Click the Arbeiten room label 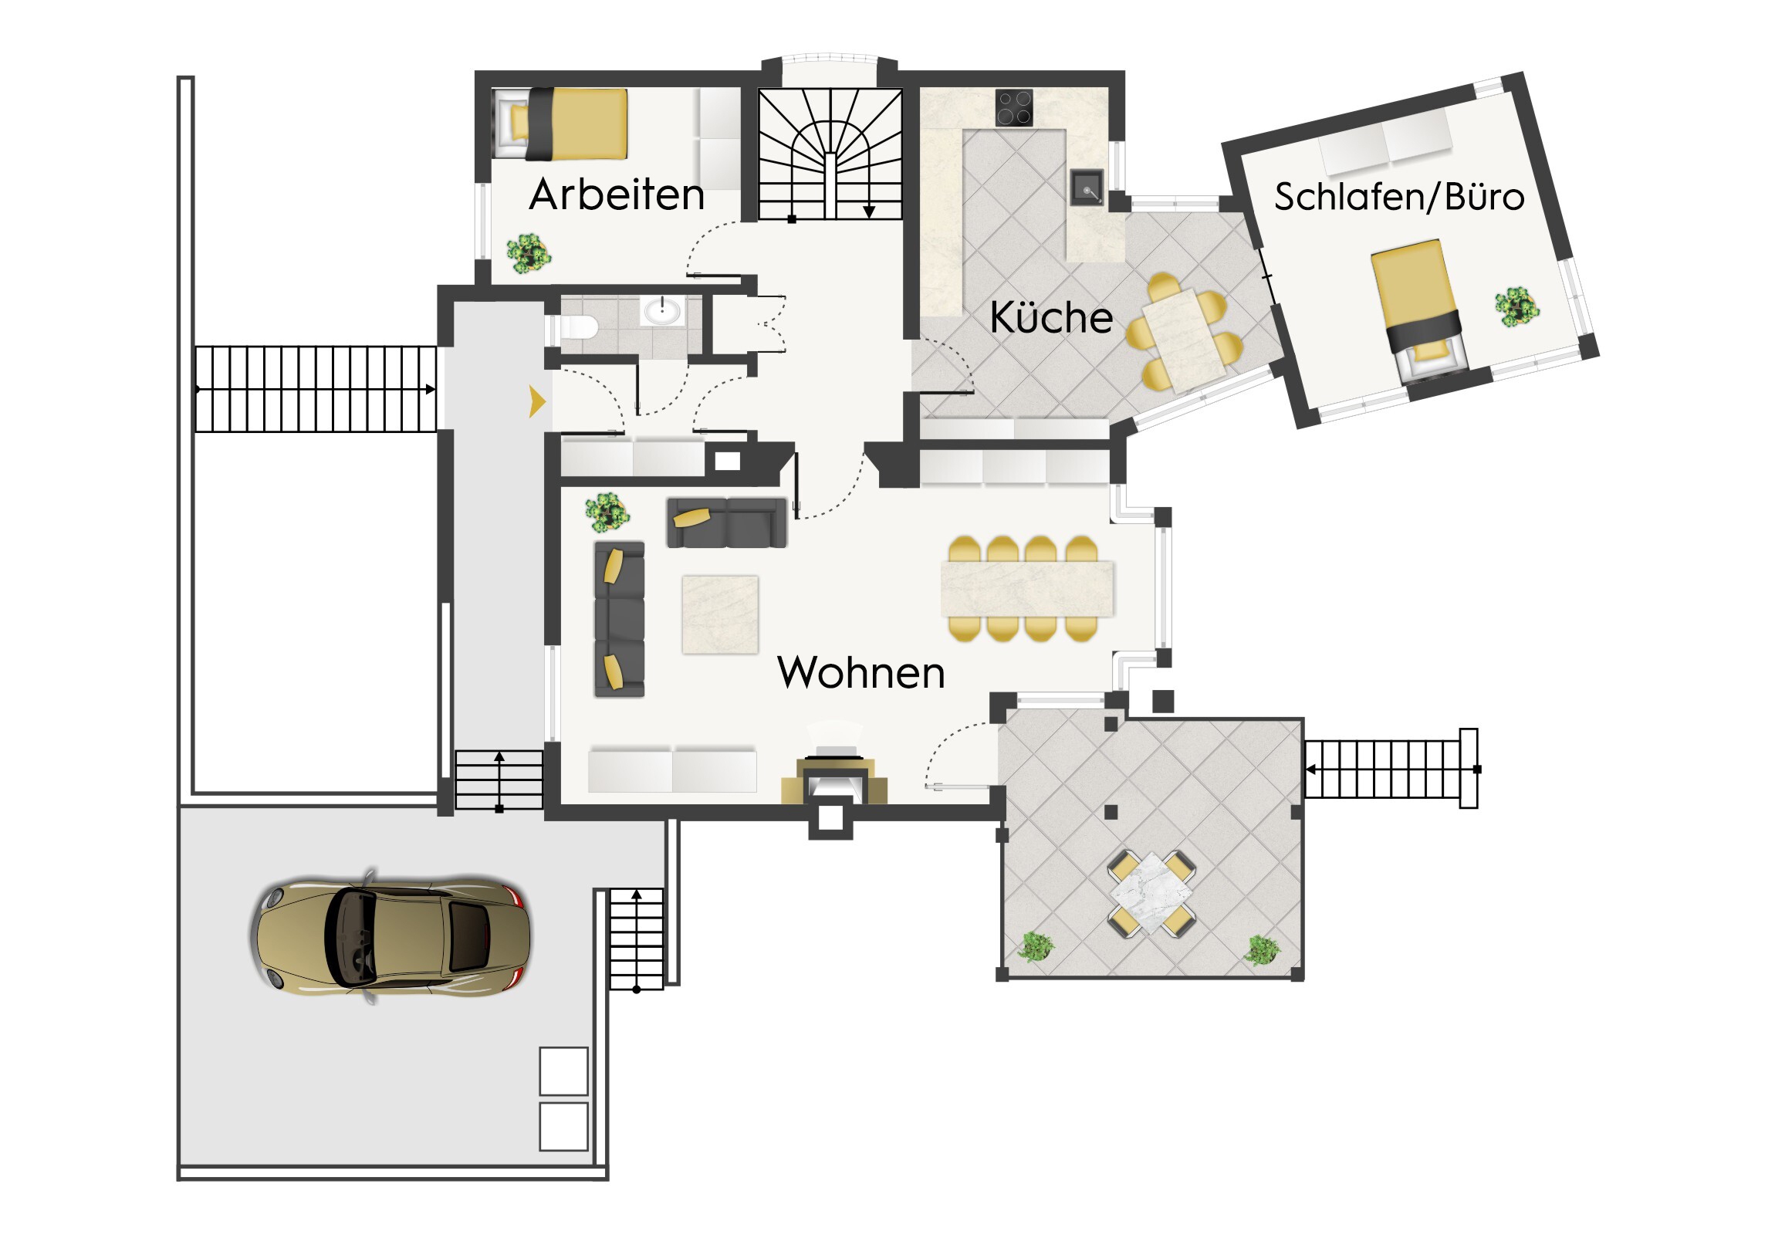click(617, 195)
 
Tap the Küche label click(1051, 317)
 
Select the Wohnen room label click(861, 672)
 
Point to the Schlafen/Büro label click(1399, 196)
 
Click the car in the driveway click(390, 936)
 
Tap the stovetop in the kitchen click(1014, 107)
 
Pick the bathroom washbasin click(661, 312)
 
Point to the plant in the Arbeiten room click(529, 254)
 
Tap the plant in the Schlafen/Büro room click(1516, 306)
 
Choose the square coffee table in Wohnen click(720, 614)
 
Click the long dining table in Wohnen click(1027, 589)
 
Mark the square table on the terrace click(1152, 893)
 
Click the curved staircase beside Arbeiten click(830, 154)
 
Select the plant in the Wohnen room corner click(607, 512)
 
